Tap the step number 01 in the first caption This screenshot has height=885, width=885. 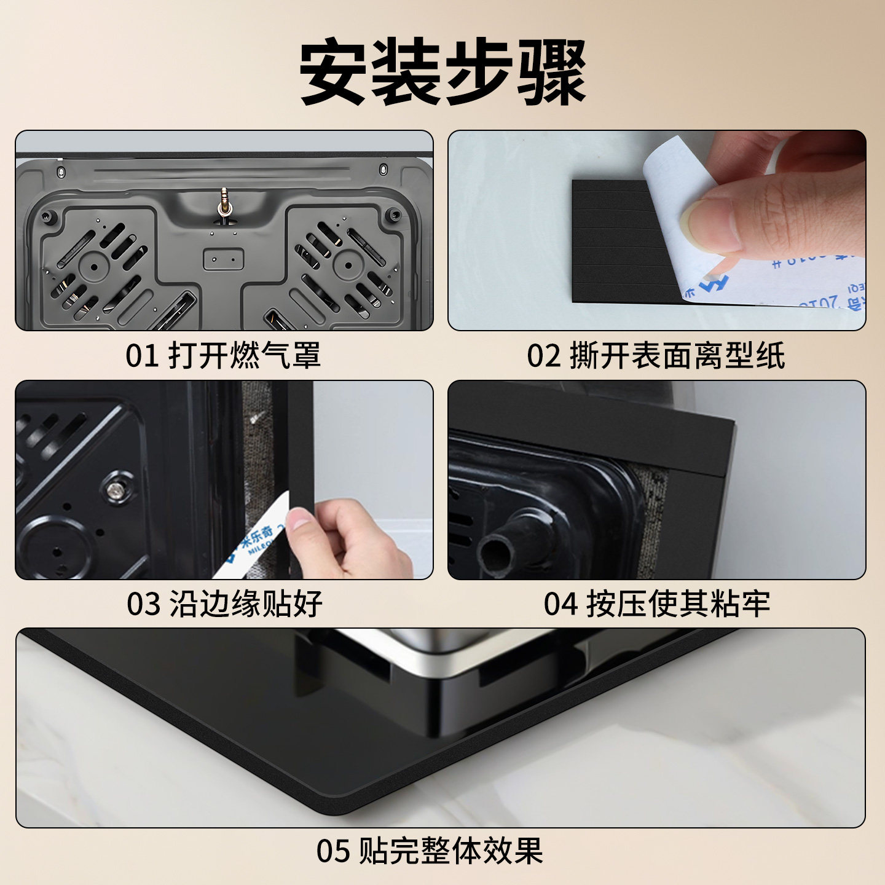pos(142,356)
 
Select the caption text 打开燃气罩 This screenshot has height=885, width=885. pos(244,356)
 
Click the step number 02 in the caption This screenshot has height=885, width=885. pos(543,356)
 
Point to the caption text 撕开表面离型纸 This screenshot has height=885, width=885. pos(677,356)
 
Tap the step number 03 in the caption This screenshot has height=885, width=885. pos(143,604)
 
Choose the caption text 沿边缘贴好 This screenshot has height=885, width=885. pos(246,604)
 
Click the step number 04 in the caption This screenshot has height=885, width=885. pos(560,604)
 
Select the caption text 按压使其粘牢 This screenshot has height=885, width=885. pos(678,604)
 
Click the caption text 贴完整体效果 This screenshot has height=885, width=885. pos(450,851)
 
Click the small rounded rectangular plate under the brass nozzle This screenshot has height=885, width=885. pos(224,259)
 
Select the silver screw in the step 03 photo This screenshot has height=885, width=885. pos(115,489)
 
